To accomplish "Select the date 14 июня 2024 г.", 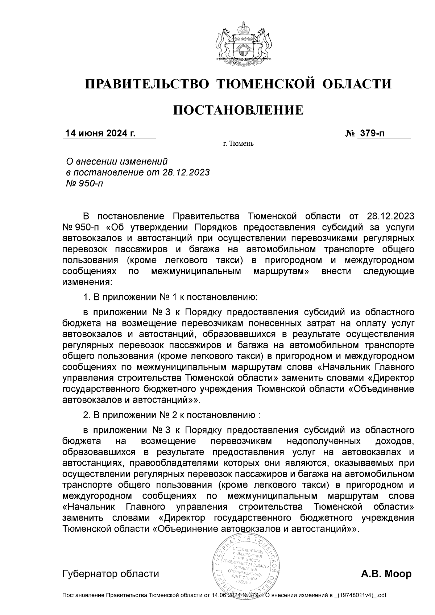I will point(100,134).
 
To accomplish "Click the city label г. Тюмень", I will point(239,144).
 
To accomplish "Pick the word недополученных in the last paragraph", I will point(323,441).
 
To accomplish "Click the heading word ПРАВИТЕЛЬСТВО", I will point(147,84).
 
